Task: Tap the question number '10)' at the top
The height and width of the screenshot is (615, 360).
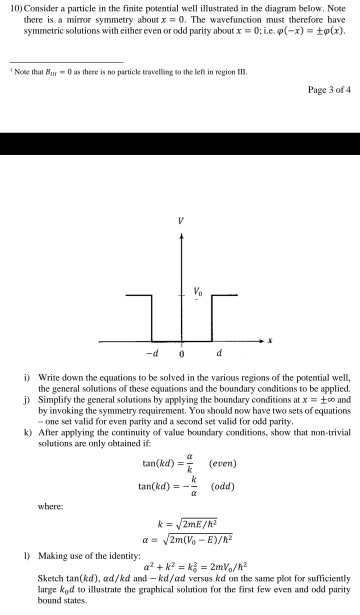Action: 14,8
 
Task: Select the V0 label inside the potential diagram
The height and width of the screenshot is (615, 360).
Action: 197,290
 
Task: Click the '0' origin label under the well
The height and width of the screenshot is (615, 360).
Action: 180,352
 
